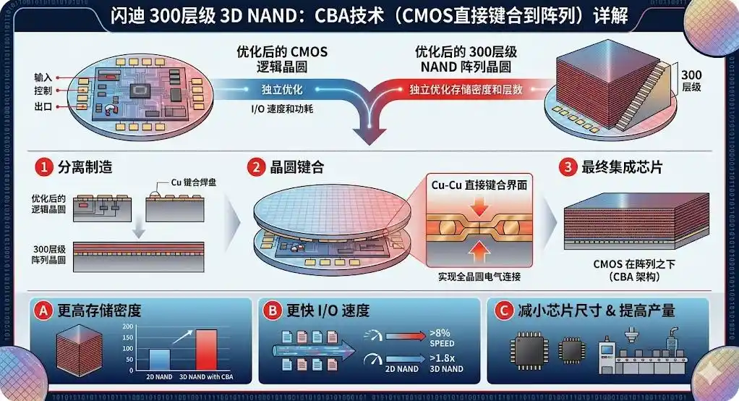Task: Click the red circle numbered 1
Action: pos(44,167)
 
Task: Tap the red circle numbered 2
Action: pos(257,167)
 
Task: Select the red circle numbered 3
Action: pos(568,167)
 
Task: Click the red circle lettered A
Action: pos(43,311)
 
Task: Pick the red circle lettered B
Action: pos(273,311)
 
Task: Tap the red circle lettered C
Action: pos(503,311)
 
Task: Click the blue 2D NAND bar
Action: pos(159,360)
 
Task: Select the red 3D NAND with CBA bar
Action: pos(206,350)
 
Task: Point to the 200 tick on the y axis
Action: pos(128,326)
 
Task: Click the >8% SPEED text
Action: pos(442,338)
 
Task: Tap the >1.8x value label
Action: pos(442,358)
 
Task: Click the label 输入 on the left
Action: pos(43,77)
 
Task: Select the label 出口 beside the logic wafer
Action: pos(43,106)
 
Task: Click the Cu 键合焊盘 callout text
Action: pos(193,182)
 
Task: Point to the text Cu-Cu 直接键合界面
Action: pos(479,185)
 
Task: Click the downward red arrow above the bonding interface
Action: pos(479,206)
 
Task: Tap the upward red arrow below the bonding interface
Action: pos(479,251)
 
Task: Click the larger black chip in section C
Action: pos(529,351)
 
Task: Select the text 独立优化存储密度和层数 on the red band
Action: pos(466,90)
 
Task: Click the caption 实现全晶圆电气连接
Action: pos(479,277)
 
